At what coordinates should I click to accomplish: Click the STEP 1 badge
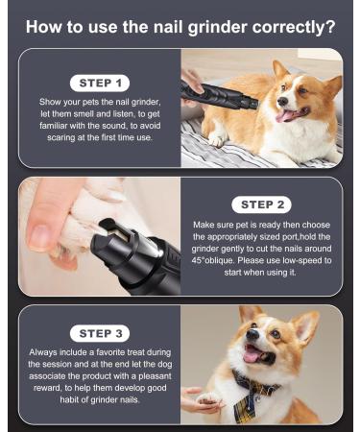click(99, 82)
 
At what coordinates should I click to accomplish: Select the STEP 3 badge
click(99, 333)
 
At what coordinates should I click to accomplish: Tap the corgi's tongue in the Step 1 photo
click(286, 116)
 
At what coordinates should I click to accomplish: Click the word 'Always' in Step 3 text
click(45, 353)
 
